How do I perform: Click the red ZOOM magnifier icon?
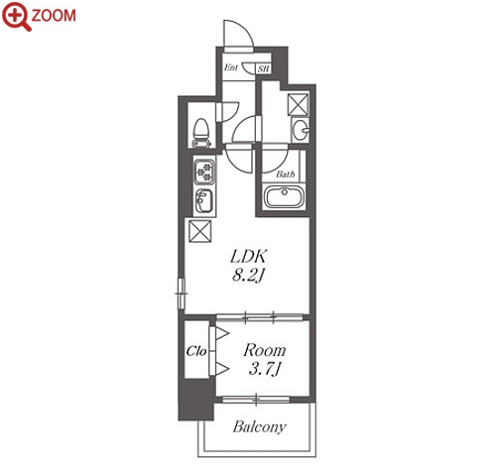[16, 16]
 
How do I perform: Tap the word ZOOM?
[54, 16]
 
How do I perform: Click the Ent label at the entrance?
[231, 67]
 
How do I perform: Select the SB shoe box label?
[264, 68]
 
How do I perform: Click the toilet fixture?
[201, 133]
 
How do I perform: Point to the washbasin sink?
[301, 129]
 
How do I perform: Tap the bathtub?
[284, 196]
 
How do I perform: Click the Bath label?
[286, 174]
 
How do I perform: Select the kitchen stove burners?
[204, 172]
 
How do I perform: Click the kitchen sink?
[204, 200]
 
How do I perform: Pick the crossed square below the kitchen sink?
[199, 231]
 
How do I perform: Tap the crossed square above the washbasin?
[298, 104]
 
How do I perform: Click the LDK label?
[249, 256]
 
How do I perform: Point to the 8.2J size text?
[249, 275]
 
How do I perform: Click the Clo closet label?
[196, 351]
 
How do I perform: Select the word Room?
[265, 350]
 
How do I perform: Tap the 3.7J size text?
[265, 369]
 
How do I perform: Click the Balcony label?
[260, 426]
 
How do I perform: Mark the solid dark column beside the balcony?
[196, 400]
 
